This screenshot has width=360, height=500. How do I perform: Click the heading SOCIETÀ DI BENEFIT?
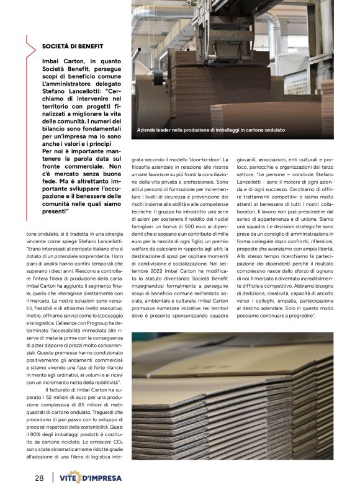point(72,47)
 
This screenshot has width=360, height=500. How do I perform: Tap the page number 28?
point(38,478)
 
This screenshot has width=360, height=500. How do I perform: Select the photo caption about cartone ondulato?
point(211,130)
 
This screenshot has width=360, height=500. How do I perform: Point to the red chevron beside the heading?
point(31,47)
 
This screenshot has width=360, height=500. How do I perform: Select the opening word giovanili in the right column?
point(248,161)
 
